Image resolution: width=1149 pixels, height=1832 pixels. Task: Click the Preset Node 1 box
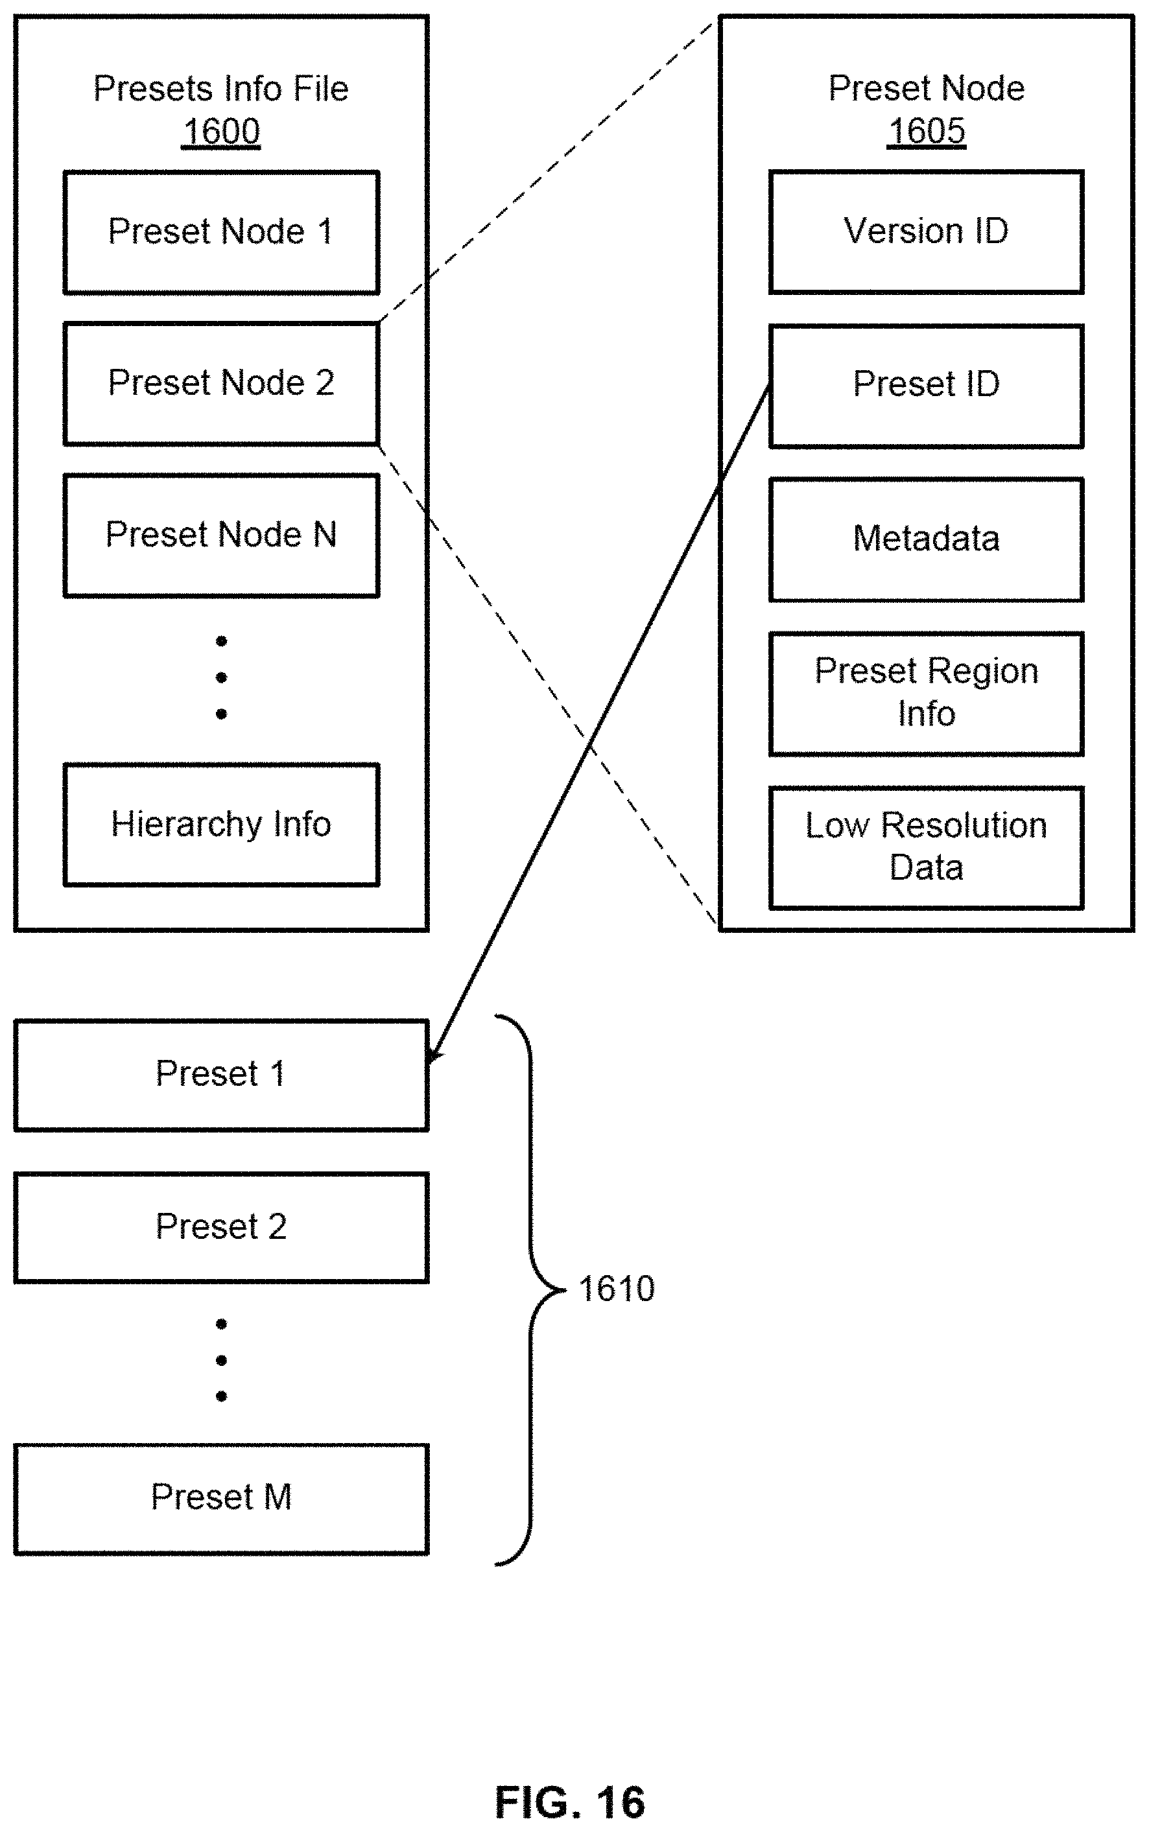coord(221,233)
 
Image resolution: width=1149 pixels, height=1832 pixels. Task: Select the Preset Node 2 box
coord(221,384)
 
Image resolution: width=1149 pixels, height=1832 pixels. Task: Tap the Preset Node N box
coord(221,535)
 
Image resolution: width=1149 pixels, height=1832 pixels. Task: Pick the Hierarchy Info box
coord(221,825)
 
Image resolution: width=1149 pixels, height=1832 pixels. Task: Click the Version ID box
coord(927,233)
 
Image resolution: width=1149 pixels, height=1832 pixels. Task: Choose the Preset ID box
coord(927,386)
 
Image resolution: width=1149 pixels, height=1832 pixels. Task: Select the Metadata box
coord(927,539)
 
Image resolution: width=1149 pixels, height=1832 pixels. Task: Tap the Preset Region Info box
coord(927,694)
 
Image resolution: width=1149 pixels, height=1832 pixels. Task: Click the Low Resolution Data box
coord(927,848)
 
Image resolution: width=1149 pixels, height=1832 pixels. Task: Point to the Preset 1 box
coord(221,1075)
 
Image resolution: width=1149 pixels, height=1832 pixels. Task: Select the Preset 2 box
coord(221,1227)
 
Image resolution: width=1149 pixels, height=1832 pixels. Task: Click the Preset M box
coord(221,1499)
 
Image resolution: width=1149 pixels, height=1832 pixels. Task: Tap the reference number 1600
coord(221,132)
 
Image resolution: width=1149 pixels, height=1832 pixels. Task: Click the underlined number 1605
coord(927,132)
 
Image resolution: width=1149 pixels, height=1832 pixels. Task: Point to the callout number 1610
coord(616,1289)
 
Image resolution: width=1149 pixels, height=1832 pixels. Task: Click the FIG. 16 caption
coord(570,1802)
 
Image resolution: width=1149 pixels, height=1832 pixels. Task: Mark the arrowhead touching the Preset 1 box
coord(433,1054)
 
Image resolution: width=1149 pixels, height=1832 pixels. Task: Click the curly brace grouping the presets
coord(530,1289)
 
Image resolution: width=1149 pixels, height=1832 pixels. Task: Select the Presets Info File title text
coord(221,89)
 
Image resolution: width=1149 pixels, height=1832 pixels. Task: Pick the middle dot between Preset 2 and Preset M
coord(221,1359)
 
